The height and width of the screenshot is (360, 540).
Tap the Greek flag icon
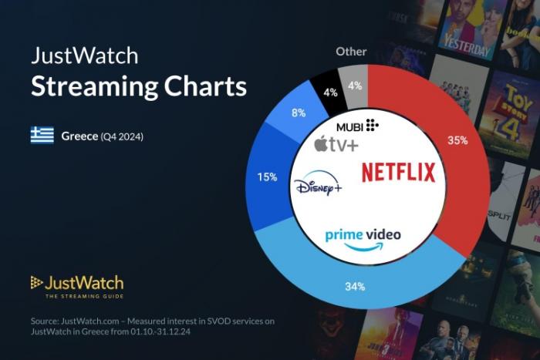(42, 136)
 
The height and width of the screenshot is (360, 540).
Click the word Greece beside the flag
(79, 136)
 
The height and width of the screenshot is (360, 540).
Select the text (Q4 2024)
(122, 136)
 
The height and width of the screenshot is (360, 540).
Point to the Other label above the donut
(351, 52)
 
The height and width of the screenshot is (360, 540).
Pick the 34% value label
(354, 287)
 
